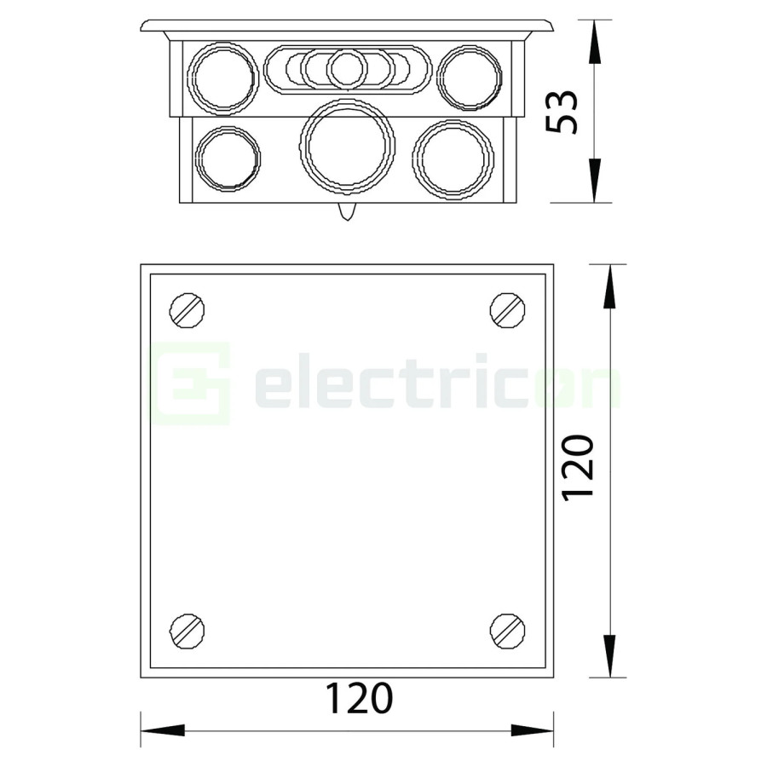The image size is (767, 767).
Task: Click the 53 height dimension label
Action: coord(563,111)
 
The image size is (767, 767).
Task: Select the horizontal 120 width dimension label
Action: coord(359,699)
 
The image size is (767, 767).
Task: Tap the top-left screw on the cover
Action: coord(187,309)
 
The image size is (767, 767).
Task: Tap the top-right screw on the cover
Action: coord(507,309)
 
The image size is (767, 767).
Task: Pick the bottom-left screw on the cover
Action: coord(187,630)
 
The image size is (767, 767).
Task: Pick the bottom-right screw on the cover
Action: coord(507,630)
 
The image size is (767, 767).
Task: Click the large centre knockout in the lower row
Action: coord(347,147)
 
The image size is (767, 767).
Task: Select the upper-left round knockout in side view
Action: coord(222,78)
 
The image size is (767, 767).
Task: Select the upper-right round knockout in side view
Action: coord(470,78)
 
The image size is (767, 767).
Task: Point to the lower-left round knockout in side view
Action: coord(227,159)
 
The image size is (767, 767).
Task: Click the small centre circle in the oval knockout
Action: coord(347,69)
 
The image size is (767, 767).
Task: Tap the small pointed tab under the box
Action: coord(346,211)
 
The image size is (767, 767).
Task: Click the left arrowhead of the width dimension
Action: coord(162,730)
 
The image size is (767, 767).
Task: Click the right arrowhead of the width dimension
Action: coord(533,730)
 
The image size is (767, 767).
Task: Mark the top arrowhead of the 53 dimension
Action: coord(594,41)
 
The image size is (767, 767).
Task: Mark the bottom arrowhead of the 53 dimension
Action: coord(594,182)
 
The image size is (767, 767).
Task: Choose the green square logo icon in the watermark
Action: coord(191,383)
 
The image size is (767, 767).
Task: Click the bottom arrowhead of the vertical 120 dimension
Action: coord(609,656)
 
